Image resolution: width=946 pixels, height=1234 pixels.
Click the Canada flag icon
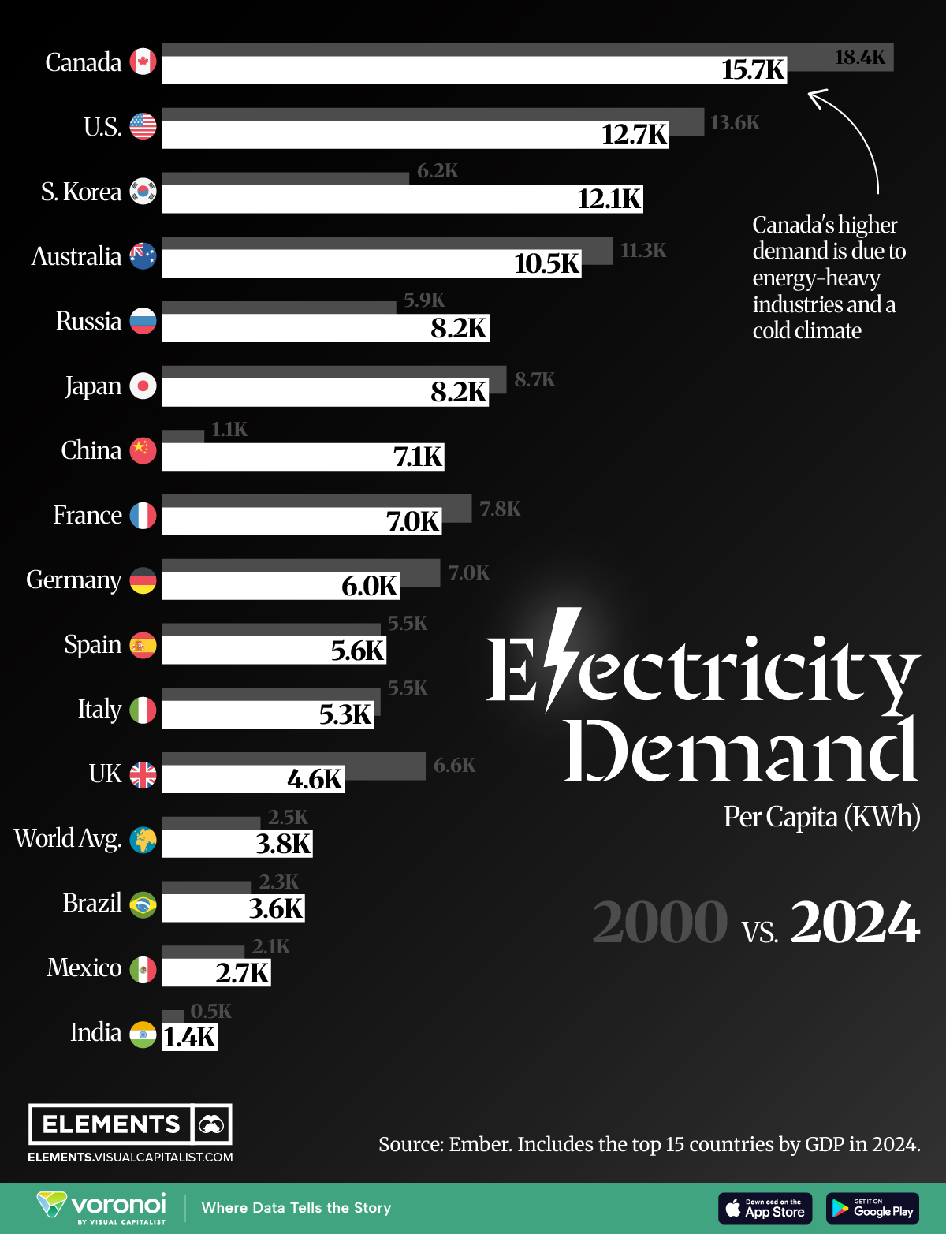click(x=143, y=62)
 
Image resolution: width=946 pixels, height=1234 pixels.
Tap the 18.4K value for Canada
click(x=859, y=57)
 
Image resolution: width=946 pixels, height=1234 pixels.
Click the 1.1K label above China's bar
click(x=229, y=429)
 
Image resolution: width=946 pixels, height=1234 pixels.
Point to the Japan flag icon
click(x=143, y=386)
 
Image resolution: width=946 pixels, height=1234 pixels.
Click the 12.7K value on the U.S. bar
click(x=634, y=134)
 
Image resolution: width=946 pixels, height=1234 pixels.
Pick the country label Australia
click(x=76, y=256)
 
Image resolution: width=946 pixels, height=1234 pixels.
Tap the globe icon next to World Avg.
click(x=143, y=840)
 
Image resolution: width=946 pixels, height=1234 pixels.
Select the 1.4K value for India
click(x=189, y=1037)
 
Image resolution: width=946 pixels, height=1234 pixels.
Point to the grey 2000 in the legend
click(x=660, y=922)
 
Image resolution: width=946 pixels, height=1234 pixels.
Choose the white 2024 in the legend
click(x=855, y=922)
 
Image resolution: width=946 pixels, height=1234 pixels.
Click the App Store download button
click(x=765, y=1208)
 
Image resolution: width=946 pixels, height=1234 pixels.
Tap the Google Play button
click(x=873, y=1208)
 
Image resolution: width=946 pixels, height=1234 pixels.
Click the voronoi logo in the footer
click(x=102, y=1206)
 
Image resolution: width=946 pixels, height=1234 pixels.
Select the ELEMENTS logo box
click(x=130, y=1124)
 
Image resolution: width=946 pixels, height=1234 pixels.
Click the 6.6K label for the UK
click(x=454, y=765)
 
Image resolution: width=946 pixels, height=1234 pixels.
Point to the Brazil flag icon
click(x=143, y=904)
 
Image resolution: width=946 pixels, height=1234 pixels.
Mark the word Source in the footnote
click(x=410, y=1144)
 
